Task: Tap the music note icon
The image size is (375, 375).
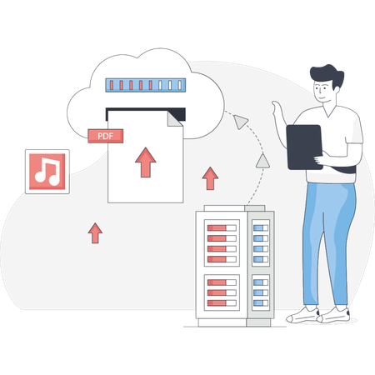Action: tap(47, 171)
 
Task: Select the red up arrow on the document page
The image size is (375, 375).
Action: tap(147, 162)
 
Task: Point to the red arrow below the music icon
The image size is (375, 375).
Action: tap(95, 232)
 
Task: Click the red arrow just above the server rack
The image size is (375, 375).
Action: tap(210, 177)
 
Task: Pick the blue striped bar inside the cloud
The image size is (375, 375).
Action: tap(148, 85)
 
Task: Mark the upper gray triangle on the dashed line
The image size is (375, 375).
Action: tap(241, 122)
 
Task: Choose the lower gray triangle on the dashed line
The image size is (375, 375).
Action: tap(262, 160)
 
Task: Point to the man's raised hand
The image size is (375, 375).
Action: tap(275, 110)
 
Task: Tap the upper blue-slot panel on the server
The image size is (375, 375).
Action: tap(259, 237)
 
